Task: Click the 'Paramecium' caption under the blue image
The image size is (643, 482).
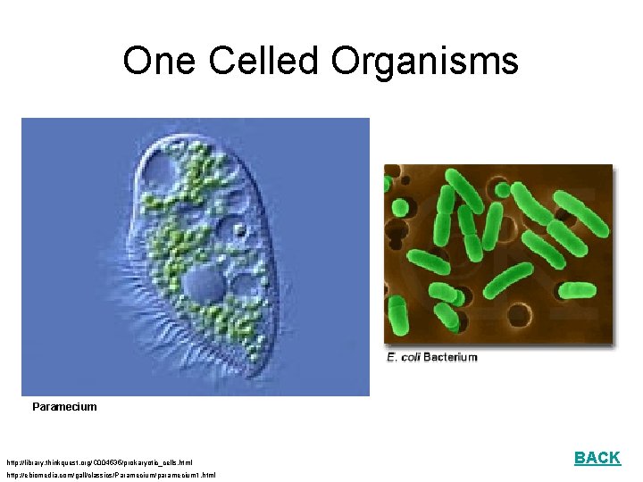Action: pos(64,407)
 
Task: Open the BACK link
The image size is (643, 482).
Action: pos(597,458)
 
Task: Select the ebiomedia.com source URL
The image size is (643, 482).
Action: pos(111,475)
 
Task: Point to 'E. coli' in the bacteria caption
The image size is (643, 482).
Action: pos(403,357)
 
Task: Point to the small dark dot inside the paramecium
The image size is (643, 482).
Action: pos(238,230)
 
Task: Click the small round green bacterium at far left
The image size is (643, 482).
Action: pos(388,185)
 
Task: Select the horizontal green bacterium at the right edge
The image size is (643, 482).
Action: pos(578,290)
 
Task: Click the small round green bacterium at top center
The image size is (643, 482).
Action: pos(503,189)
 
